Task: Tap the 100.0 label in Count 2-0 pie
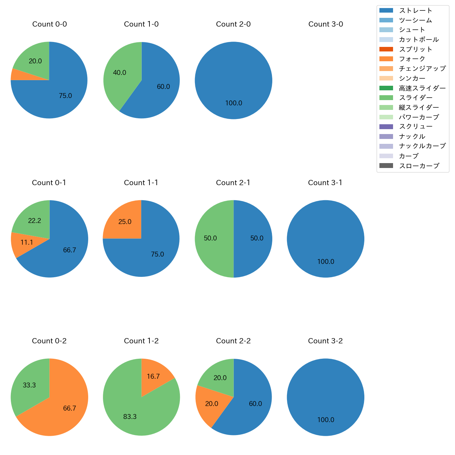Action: [x=233, y=103]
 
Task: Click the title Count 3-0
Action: [x=325, y=24]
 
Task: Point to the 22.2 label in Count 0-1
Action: [x=35, y=220]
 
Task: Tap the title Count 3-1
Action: [x=325, y=183]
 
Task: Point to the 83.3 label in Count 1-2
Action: [x=130, y=416]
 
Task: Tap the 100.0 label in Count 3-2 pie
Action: [x=325, y=420]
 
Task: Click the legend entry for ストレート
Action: [x=415, y=10]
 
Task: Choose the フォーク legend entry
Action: [x=412, y=59]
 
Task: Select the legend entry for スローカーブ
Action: [x=419, y=166]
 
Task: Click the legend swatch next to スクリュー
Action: [x=386, y=127]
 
